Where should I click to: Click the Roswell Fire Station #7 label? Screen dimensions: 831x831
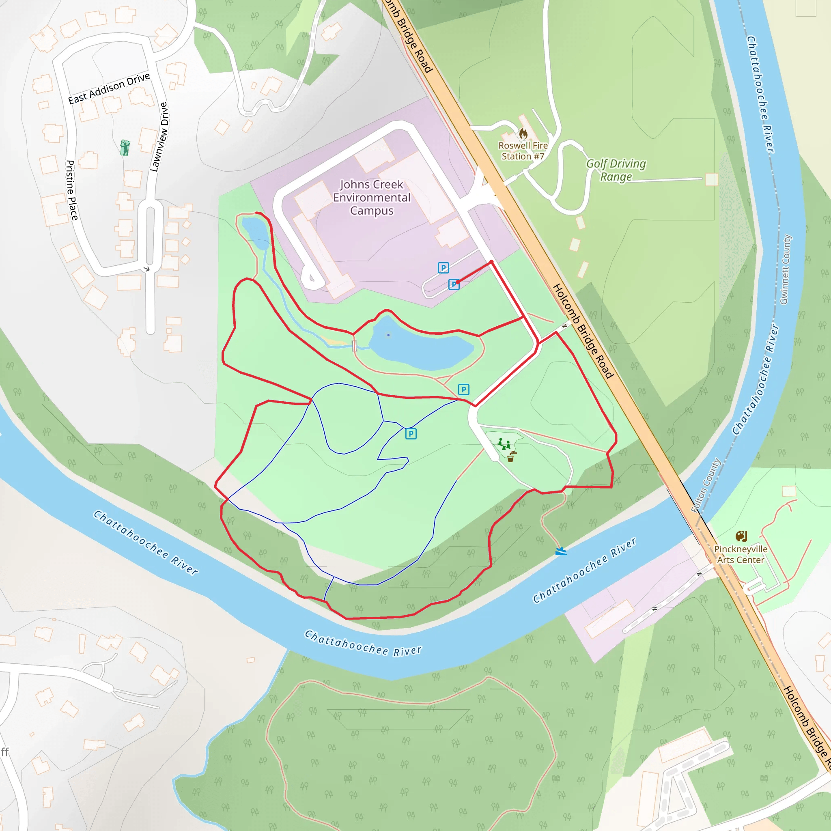523,151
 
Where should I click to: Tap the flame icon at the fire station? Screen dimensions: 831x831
523,134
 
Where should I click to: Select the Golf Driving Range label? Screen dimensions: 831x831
616,170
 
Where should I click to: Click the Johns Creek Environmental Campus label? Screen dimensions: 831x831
372,198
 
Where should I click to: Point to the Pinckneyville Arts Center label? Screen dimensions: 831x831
740,554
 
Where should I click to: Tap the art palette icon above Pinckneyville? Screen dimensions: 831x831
741,536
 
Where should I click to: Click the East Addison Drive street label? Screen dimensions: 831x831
109,88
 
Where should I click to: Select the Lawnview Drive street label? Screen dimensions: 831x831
159,137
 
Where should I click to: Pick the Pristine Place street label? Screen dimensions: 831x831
72,190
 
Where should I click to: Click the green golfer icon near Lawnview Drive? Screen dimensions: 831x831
125,147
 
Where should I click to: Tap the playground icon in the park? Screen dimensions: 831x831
504,443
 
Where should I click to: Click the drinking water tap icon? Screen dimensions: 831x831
511,456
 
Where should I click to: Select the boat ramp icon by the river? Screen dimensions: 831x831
560,551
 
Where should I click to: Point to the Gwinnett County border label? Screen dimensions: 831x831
786,270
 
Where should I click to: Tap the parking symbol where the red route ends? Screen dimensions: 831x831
454,284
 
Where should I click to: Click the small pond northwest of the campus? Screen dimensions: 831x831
256,232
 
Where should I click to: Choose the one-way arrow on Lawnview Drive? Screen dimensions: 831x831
146,269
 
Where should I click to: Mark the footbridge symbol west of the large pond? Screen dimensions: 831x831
354,346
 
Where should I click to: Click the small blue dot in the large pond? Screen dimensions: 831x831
388,335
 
